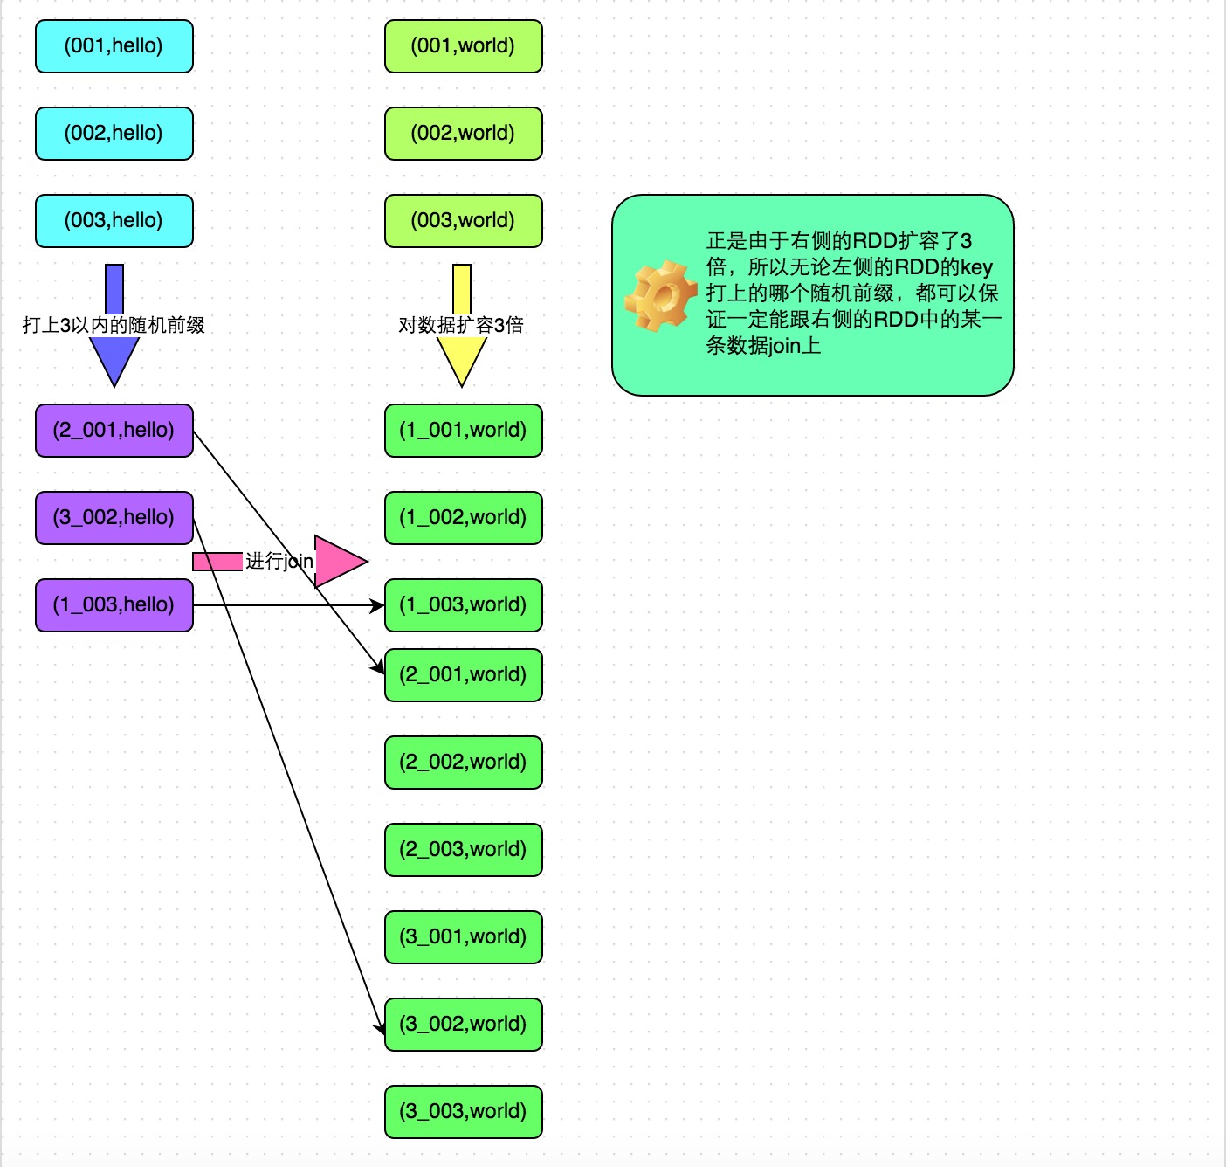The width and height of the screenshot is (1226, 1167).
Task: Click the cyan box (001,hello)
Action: tap(114, 46)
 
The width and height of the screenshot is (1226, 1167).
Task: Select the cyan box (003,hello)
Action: tap(114, 221)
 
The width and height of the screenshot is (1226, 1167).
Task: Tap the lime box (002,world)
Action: tap(463, 134)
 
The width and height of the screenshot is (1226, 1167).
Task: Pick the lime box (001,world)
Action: tap(463, 46)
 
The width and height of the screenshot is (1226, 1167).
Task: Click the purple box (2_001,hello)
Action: tap(114, 431)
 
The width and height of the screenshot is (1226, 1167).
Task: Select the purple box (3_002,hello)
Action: tap(114, 518)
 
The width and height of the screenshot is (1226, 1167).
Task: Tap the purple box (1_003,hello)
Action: tap(114, 605)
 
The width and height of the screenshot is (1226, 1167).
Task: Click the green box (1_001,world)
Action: tap(463, 431)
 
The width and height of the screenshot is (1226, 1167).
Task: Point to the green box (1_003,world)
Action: tap(463, 605)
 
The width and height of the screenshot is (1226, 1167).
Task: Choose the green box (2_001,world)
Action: tap(463, 675)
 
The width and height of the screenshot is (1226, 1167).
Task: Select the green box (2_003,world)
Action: tap(463, 850)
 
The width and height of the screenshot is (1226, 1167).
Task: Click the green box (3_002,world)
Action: tap(463, 1025)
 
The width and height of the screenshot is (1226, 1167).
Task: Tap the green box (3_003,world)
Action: tap(463, 1112)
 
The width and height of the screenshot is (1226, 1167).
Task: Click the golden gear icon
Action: tap(660, 295)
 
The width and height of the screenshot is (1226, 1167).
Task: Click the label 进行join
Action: tap(279, 561)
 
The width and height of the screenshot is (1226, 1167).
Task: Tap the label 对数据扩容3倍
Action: tap(461, 325)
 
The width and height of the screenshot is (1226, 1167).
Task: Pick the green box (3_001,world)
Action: tap(463, 937)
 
